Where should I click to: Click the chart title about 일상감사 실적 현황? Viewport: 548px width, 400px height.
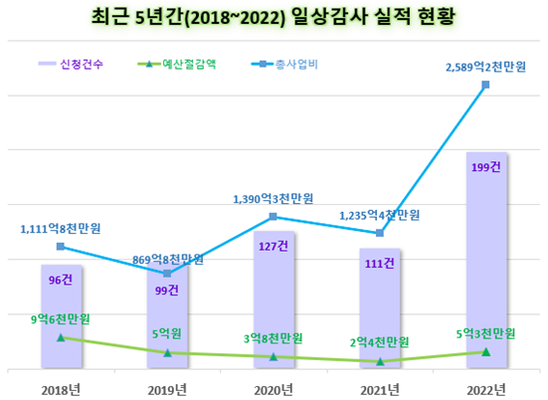(x=274, y=18)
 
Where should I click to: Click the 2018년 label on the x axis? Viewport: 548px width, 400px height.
(x=61, y=388)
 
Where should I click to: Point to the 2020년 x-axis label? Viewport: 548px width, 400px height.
(x=274, y=388)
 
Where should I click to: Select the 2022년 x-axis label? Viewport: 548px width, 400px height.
(x=485, y=388)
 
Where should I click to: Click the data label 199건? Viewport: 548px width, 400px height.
(x=485, y=166)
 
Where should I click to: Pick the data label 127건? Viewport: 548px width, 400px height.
(x=273, y=245)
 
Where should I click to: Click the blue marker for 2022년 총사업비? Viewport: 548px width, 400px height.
(x=485, y=85)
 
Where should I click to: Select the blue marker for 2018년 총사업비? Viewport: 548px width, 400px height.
(x=61, y=246)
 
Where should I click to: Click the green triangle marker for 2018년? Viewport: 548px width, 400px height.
(x=61, y=337)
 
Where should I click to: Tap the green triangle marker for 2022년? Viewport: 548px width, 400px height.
(x=485, y=351)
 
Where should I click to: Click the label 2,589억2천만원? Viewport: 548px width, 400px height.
(x=485, y=66)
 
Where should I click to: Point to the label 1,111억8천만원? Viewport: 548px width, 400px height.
(x=62, y=229)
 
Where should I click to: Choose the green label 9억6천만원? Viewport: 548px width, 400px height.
(x=61, y=320)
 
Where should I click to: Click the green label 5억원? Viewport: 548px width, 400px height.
(x=167, y=333)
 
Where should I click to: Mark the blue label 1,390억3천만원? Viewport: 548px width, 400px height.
(x=274, y=199)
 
